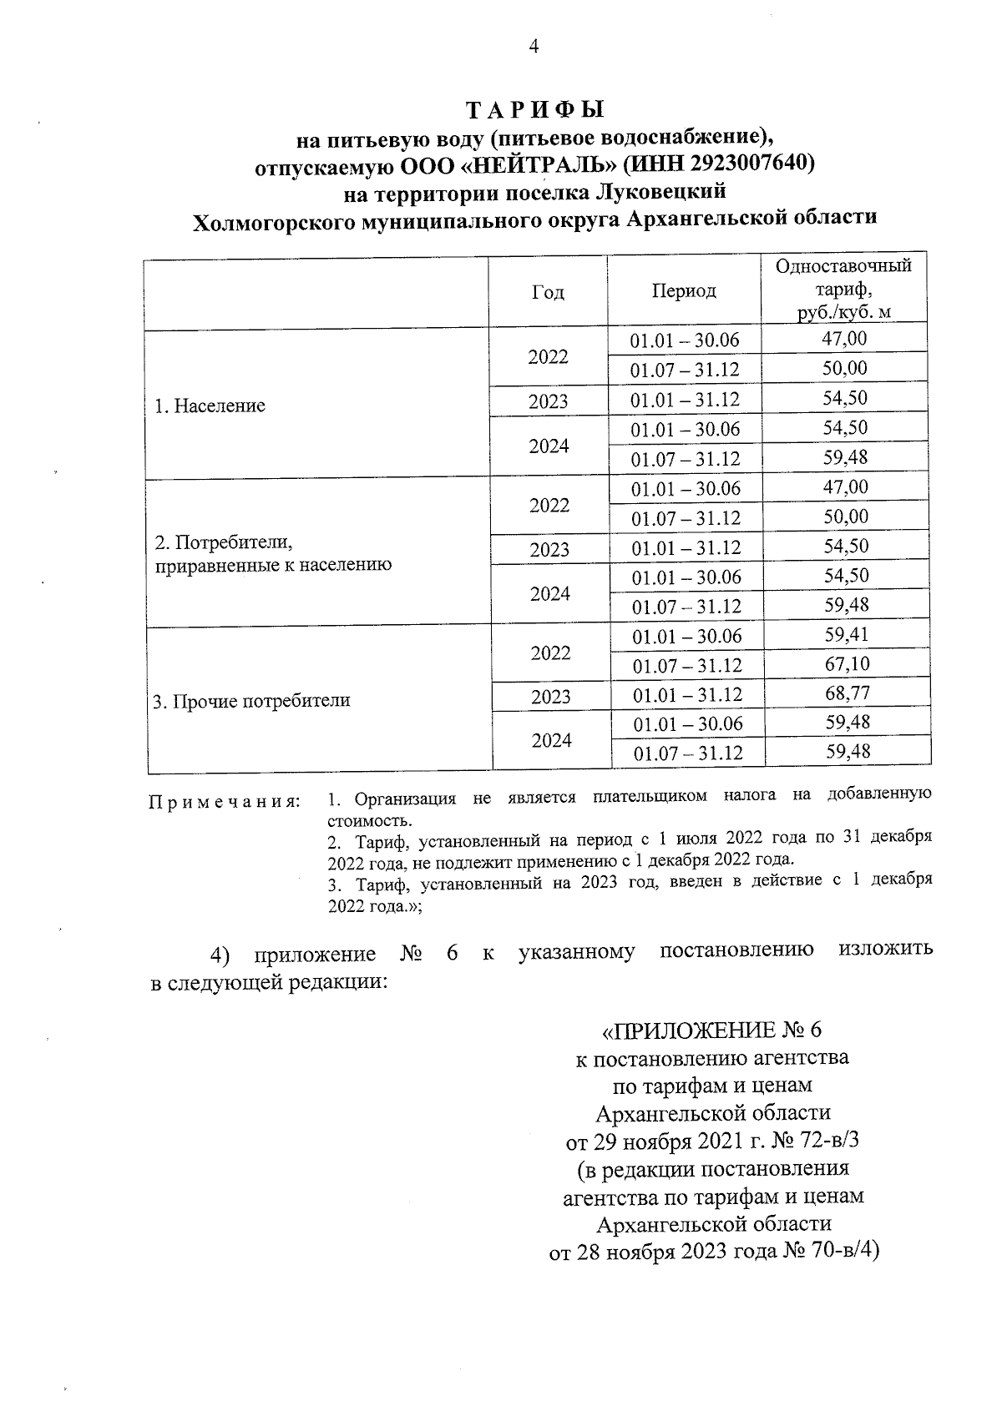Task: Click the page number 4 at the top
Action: pos(534,47)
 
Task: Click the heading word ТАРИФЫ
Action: pos(534,110)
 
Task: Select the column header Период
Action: pos(684,291)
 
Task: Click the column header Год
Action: pos(547,292)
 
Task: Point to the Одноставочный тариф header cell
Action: pos(843,289)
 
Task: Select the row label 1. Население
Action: pos(210,406)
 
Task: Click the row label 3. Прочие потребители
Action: pos(251,701)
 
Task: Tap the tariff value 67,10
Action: pos(847,664)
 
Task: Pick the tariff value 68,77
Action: pos(847,693)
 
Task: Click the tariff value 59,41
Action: pos(847,635)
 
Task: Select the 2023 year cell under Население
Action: pos(548,401)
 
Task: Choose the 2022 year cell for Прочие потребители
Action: pos(550,653)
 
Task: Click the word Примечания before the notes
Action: pos(224,802)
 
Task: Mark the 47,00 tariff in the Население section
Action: pos(845,339)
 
